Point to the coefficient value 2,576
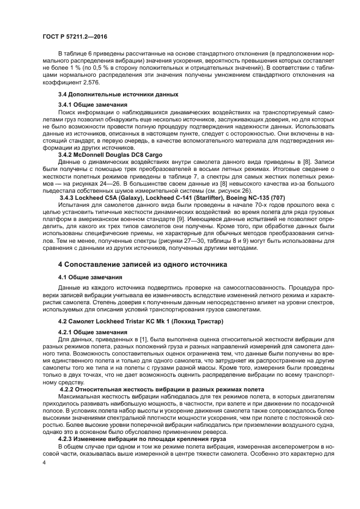(x=80, y=80)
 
